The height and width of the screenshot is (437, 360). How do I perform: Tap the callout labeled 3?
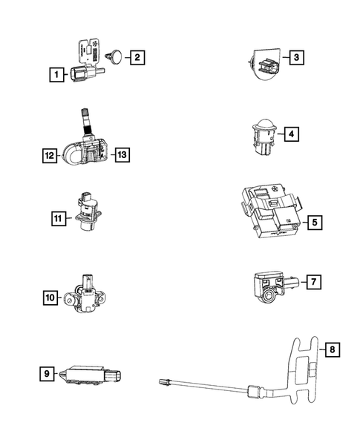point(296,57)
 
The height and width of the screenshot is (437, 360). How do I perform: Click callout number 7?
point(314,282)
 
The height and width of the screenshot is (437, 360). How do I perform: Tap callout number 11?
point(58,217)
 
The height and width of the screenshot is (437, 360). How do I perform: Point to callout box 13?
point(122,155)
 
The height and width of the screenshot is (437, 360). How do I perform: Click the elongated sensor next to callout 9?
point(89,373)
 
